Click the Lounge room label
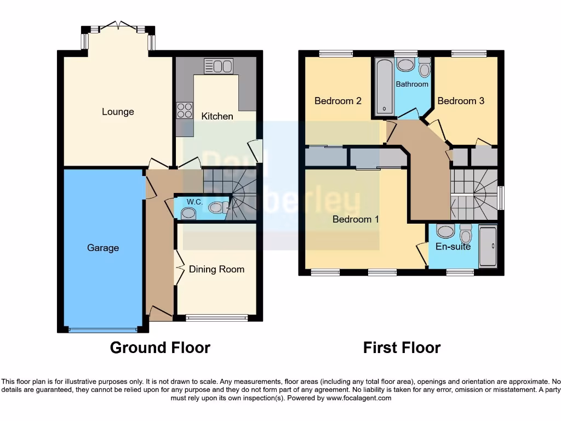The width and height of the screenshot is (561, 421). pyautogui.click(x=118, y=112)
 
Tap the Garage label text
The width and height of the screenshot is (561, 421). pyautogui.click(x=103, y=248)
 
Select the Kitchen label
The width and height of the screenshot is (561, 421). pyautogui.click(x=217, y=116)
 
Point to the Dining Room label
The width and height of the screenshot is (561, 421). pyautogui.click(x=216, y=269)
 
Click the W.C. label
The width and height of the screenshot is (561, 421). pyautogui.click(x=194, y=202)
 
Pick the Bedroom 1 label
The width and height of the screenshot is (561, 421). pyautogui.click(x=356, y=219)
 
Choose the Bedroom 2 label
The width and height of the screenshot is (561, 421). pyautogui.click(x=337, y=101)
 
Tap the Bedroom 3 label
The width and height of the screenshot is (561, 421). pyautogui.click(x=461, y=101)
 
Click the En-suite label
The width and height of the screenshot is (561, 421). pyautogui.click(x=453, y=247)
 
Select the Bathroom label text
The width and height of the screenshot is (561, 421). pyautogui.click(x=412, y=84)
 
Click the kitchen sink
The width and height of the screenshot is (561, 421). pyautogui.click(x=219, y=66)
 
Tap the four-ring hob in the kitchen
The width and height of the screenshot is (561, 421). pyautogui.click(x=185, y=110)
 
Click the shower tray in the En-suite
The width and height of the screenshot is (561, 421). pyautogui.click(x=488, y=246)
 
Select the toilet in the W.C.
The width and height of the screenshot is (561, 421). pyautogui.click(x=217, y=207)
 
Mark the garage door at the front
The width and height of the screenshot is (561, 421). pyautogui.click(x=102, y=329)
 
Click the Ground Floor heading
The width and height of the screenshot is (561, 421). pyautogui.click(x=160, y=348)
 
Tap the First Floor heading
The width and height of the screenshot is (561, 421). pyautogui.click(x=402, y=348)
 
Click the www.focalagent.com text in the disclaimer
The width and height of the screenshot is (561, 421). pyautogui.click(x=359, y=398)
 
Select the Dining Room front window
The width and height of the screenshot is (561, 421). pyautogui.click(x=216, y=317)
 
